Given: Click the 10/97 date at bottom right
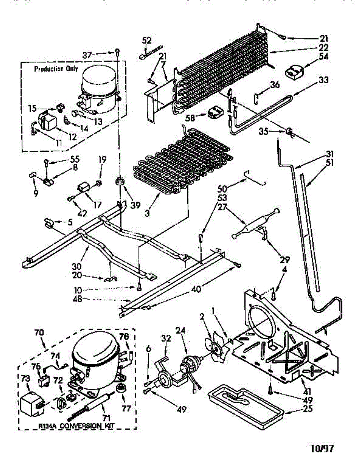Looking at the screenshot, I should pyautogui.click(x=322, y=449).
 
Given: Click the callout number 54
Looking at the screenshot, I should pyautogui.click(x=323, y=57).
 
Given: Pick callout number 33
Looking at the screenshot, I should pyautogui.click(x=323, y=80).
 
